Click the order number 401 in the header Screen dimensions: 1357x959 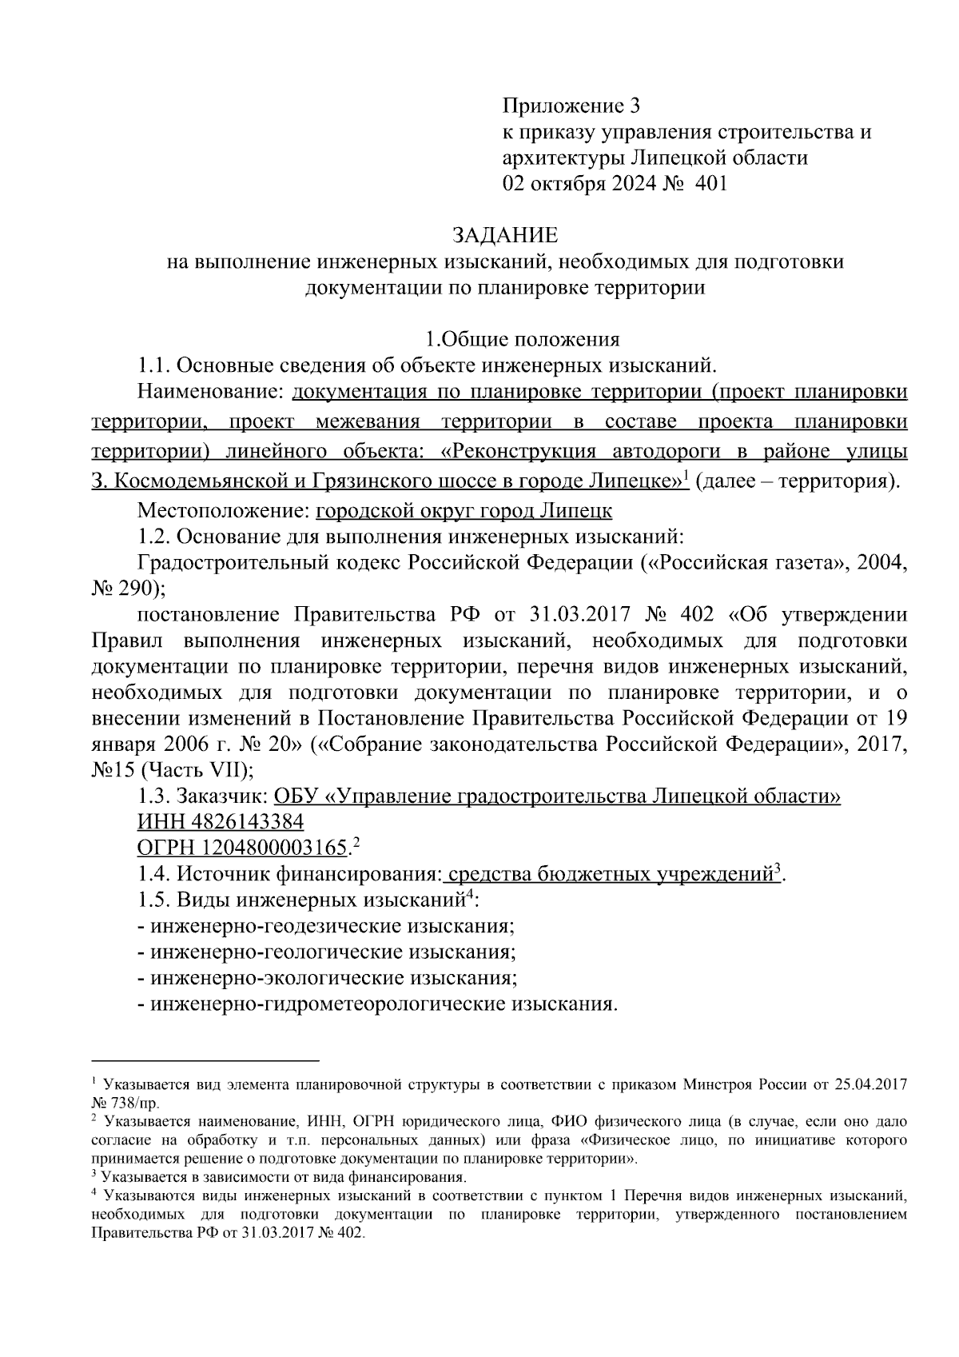point(711,184)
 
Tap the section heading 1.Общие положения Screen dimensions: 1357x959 point(522,340)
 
